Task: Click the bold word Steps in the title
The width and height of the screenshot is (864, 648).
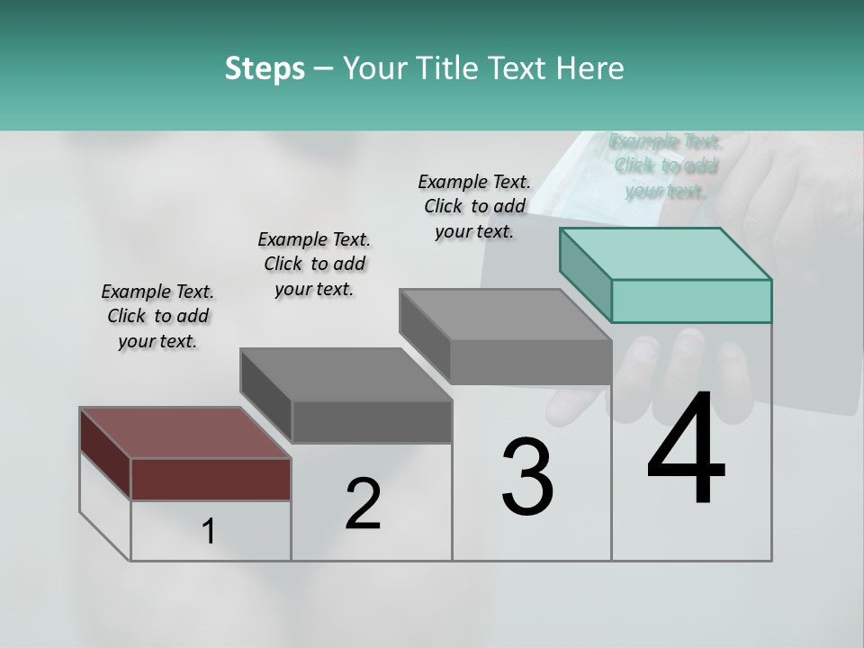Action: pyautogui.click(x=265, y=68)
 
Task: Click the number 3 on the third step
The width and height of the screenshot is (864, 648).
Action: pyautogui.click(x=527, y=477)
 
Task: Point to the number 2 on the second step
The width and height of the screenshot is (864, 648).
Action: pyautogui.click(x=363, y=504)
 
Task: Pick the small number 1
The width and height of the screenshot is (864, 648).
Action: pyautogui.click(x=209, y=532)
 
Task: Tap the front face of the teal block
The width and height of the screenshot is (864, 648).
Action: pyautogui.click(x=691, y=301)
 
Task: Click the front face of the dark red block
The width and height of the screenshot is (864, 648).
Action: pyautogui.click(x=211, y=479)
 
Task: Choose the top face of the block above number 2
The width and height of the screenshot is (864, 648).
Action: pyautogui.click(x=345, y=374)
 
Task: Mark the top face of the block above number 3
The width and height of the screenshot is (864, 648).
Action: pyautogui.click(x=505, y=315)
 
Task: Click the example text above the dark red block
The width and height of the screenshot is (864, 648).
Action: pyautogui.click(x=157, y=316)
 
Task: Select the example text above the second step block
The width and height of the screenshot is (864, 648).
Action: pyautogui.click(x=314, y=264)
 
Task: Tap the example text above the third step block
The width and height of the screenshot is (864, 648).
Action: pyautogui.click(x=474, y=206)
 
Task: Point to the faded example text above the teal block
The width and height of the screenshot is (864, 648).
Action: pyautogui.click(x=666, y=166)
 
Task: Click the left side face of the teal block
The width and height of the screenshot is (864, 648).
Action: pyautogui.click(x=585, y=274)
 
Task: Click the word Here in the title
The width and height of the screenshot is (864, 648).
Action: pyautogui.click(x=592, y=68)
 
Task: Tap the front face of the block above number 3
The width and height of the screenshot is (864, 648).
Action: pyautogui.click(x=531, y=363)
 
